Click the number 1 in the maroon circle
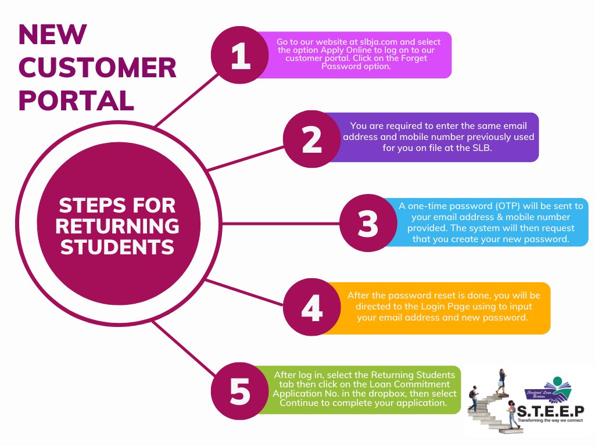(x=241, y=57)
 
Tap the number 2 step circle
(x=312, y=139)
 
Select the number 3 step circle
(x=368, y=223)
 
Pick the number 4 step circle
(x=312, y=308)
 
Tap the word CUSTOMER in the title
(x=98, y=68)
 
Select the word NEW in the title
(x=52, y=35)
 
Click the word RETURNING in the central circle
(x=119, y=226)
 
